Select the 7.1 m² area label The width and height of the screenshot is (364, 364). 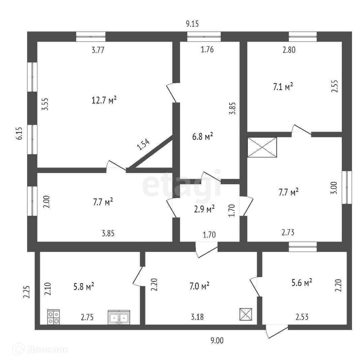(283, 87)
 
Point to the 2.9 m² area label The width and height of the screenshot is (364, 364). (205, 209)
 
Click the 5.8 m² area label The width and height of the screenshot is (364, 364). (84, 287)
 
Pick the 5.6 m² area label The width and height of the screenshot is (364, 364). (302, 282)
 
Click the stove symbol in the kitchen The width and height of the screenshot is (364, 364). (53, 317)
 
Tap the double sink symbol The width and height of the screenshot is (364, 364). (119, 317)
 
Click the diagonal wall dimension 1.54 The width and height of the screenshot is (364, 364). (143, 144)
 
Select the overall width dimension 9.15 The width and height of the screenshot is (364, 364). (193, 24)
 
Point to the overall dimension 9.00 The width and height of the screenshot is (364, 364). (217, 340)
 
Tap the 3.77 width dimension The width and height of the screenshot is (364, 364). (98, 51)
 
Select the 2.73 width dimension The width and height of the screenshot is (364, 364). (290, 232)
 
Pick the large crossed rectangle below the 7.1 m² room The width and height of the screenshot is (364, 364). (262, 147)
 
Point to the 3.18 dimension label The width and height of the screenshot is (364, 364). (197, 317)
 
